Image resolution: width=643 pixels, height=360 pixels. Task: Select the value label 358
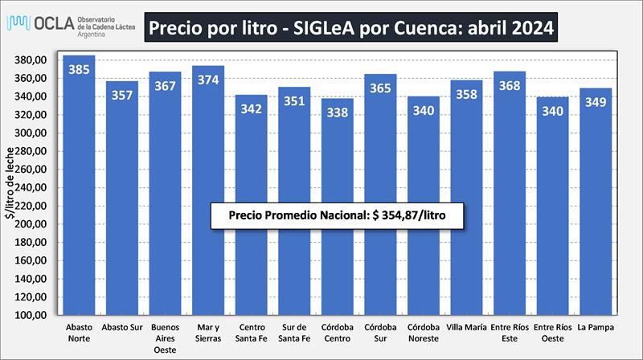[466, 93]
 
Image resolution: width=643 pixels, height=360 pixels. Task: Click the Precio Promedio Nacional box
[337, 216]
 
